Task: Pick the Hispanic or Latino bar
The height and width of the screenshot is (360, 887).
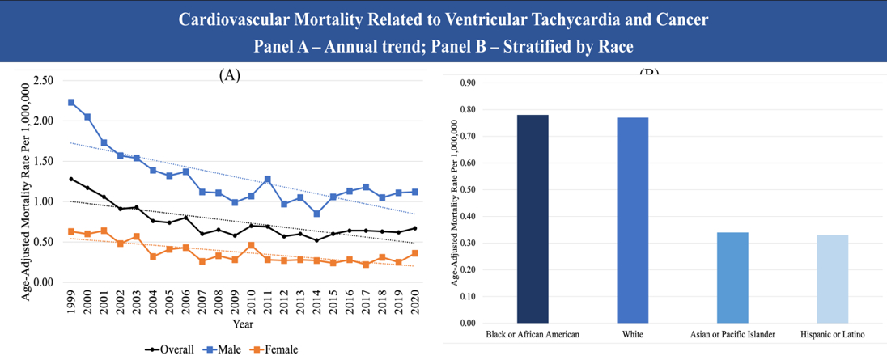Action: point(832,279)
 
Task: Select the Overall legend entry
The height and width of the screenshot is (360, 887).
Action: point(169,349)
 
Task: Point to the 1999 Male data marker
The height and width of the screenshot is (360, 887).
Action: point(71,103)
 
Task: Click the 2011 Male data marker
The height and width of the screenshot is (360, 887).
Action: point(268,179)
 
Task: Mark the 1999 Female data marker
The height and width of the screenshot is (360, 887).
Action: point(71,231)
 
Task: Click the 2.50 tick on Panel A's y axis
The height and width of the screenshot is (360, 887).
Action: point(43,81)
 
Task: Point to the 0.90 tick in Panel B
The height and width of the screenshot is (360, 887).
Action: point(468,83)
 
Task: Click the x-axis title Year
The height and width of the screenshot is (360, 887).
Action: point(244,324)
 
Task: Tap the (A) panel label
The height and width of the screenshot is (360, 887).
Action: point(230,75)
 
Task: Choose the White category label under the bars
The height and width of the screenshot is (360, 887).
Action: point(632,335)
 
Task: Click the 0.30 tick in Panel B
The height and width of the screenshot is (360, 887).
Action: point(468,243)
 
